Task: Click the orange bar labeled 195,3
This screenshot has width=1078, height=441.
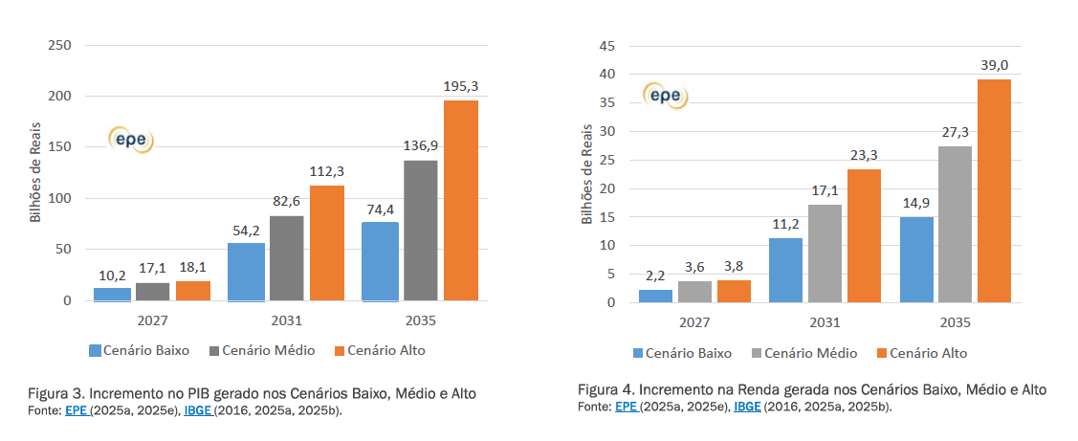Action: (x=461, y=201)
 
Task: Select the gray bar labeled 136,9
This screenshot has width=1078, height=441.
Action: (x=420, y=231)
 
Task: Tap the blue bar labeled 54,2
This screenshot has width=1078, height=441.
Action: (x=245, y=272)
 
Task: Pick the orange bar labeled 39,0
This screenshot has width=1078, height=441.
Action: (x=994, y=190)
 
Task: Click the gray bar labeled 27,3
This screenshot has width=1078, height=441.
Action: (x=955, y=224)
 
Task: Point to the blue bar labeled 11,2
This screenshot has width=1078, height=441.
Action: (x=785, y=270)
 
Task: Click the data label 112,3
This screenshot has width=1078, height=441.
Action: (x=327, y=171)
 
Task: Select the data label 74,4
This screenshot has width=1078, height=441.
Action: (x=379, y=209)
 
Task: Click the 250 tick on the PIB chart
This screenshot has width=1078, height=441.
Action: (x=59, y=45)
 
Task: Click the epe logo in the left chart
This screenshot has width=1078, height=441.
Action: (x=131, y=140)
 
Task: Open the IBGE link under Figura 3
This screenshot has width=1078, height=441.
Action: (x=198, y=410)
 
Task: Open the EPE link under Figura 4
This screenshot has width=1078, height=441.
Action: (x=627, y=407)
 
